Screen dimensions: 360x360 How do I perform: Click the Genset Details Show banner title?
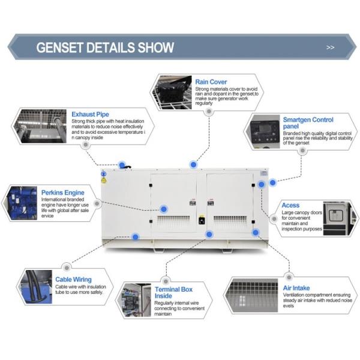[x=106, y=47]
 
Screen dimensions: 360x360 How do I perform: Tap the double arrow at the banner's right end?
[x=330, y=47]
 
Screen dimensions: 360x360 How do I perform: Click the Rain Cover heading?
[x=210, y=81]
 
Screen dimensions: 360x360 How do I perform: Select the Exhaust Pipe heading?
[x=90, y=114]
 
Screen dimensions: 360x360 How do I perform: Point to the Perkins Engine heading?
[x=63, y=193]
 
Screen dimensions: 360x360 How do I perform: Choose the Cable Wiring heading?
[x=74, y=279]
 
